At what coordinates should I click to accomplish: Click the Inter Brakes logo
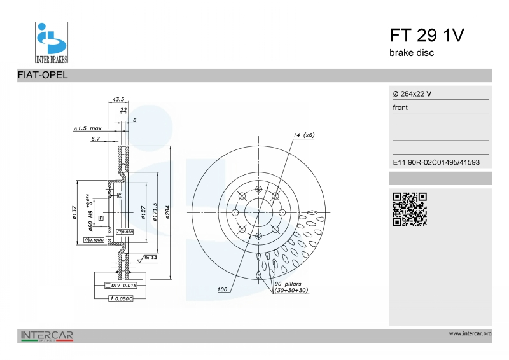(51, 42)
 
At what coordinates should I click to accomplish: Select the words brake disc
(412, 53)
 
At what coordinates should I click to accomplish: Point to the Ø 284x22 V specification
(412, 93)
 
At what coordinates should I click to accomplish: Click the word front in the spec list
(400, 107)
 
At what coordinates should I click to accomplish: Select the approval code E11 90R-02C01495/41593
(436, 162)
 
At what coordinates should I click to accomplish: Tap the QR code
(409, 209)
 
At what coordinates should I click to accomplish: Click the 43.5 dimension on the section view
(118, 99)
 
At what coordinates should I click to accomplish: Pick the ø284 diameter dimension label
(167, 212)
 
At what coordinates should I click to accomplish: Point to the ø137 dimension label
(74, 213)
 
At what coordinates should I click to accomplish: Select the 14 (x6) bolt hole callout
(304, 135)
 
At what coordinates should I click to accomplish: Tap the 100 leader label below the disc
(222, 290)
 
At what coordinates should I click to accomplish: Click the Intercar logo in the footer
(47, 335)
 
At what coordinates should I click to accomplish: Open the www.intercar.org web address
(470, 333)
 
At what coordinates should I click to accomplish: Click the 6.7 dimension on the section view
(95, 138)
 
